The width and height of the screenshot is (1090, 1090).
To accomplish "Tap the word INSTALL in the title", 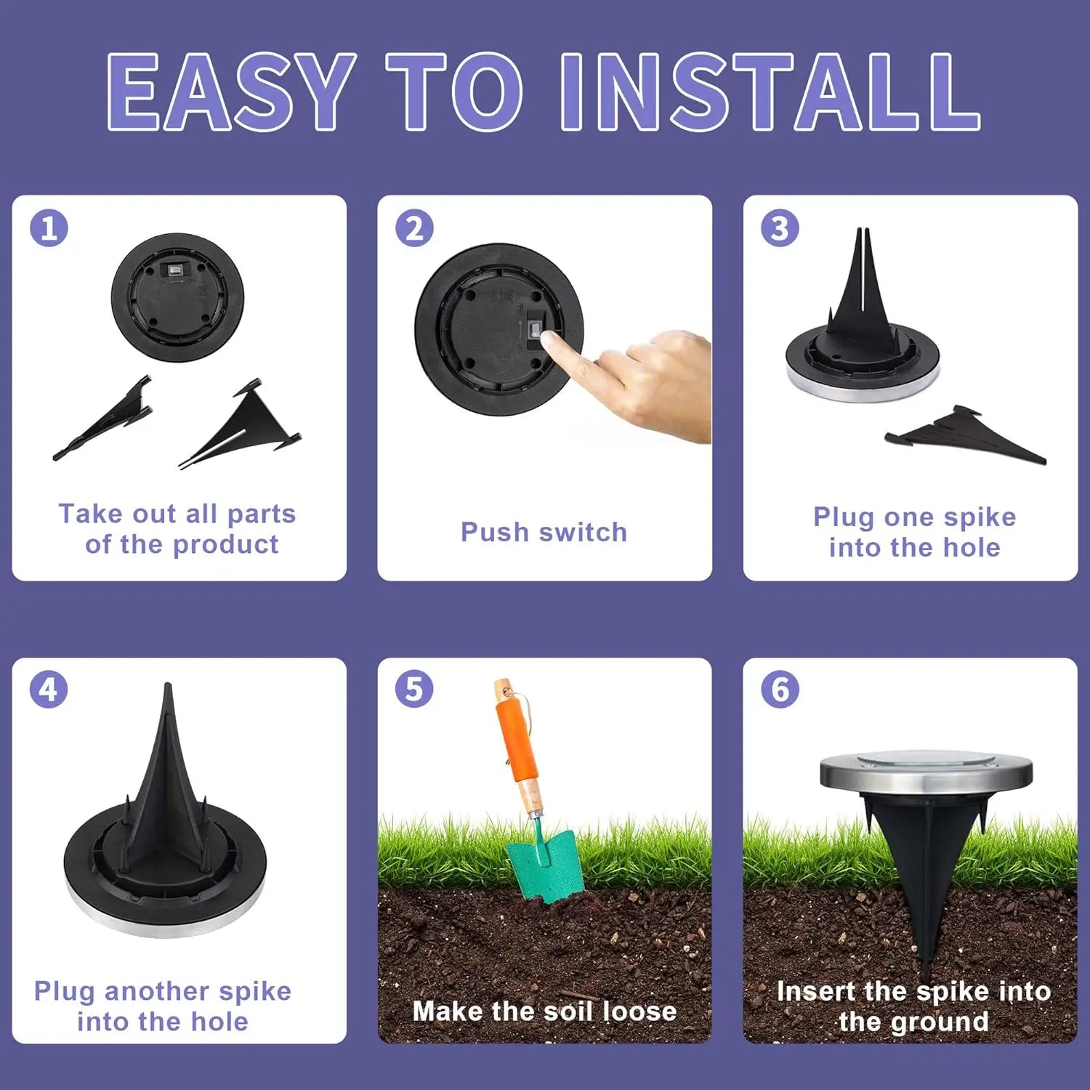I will click(770, 92).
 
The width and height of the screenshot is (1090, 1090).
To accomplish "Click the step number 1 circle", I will click(49, 228).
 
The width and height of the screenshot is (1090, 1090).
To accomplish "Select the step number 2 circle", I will click(414, 228).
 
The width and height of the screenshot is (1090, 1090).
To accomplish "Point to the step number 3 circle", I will click(780, 228).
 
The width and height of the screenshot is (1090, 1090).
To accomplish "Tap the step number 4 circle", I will click(49, 689).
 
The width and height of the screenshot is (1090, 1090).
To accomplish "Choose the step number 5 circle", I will click(414, 689).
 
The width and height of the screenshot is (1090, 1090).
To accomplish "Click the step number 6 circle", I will click(780, 689).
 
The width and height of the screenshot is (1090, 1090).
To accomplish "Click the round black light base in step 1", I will click(177, 297).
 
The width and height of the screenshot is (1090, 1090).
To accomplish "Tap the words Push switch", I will click(544, 532).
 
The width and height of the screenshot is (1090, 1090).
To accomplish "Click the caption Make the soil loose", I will click(544, 1011).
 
